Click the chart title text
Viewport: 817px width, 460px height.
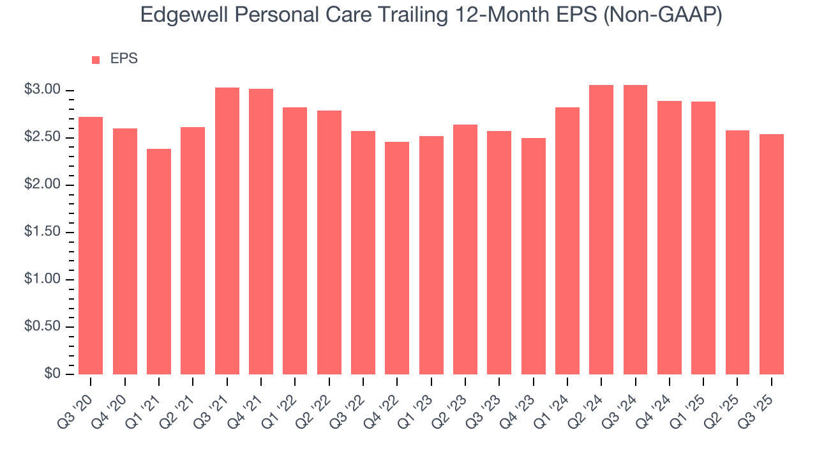pyautogui.click(x=431, y=15)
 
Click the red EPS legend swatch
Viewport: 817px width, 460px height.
pyautogui.click(x=96, y=59)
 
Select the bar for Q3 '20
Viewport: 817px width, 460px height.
pyautogui.click(x=91, y=246)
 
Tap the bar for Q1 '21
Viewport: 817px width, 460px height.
pyautogui.click(x=159, y=262)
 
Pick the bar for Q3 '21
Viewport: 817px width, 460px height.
pyautogui.click(x=227, y=231)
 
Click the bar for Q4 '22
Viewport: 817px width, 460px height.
pyautogui.click(x=397, y=258)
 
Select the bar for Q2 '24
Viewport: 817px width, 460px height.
pyautogui.click(x=601, y=230)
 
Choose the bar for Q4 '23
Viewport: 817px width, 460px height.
pyautogui.click(x=534, y=256)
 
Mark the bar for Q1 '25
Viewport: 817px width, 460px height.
pyautogui.click(x=703, y=238)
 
